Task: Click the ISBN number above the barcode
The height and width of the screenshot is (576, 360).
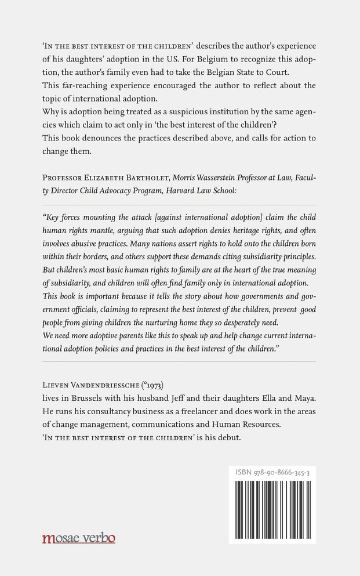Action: tap(272, 473)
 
